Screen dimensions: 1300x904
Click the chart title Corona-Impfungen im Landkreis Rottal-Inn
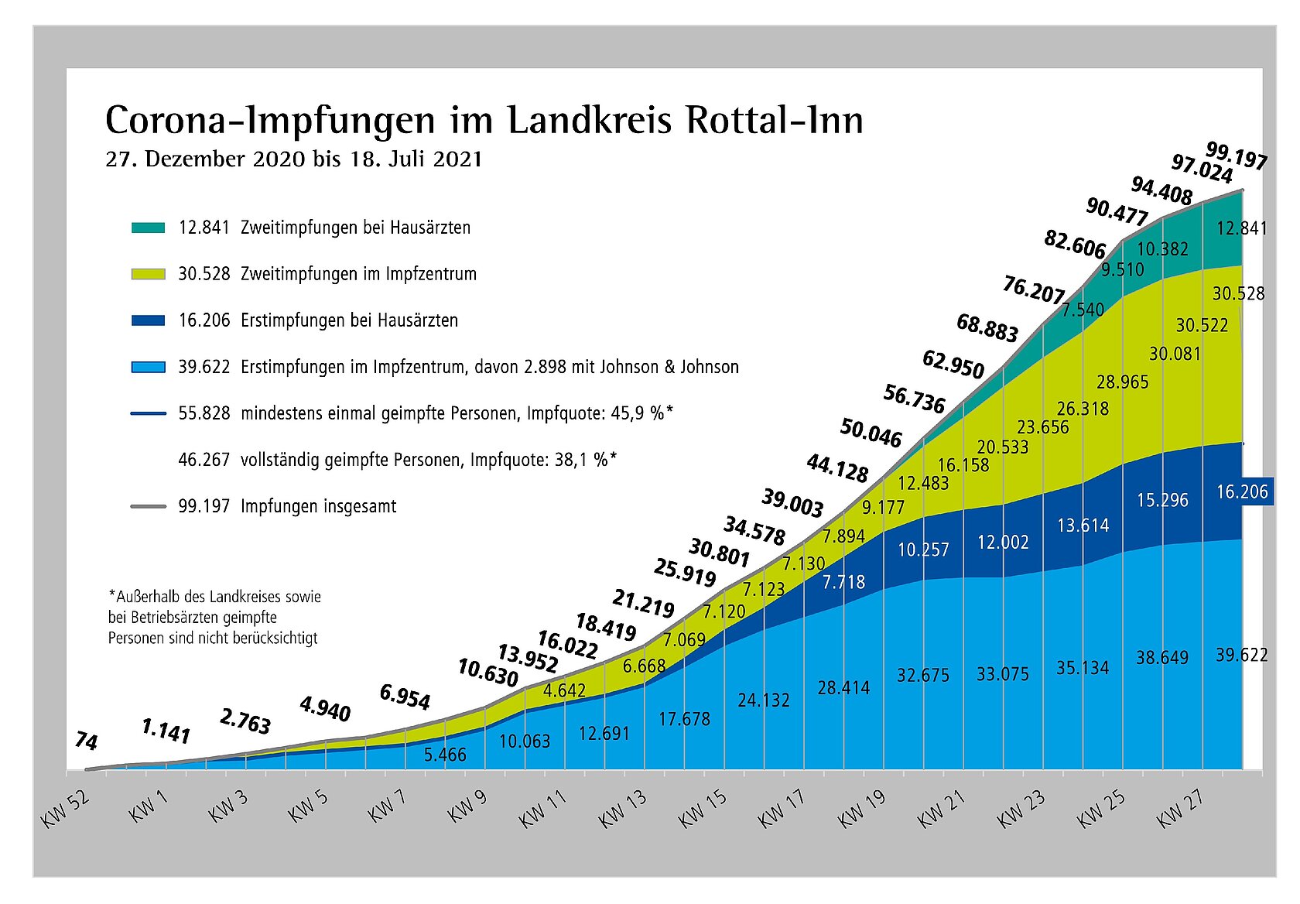click(484, 122)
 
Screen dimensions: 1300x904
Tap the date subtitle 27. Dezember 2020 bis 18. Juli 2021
click(294, 159)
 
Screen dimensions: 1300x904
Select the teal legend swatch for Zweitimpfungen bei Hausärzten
click(148, 228)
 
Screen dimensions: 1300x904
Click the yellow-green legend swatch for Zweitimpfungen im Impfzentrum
click(148, 274)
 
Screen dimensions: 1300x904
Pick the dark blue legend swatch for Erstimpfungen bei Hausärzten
click(148, 320)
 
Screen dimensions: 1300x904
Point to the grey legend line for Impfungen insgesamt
click(148, 507)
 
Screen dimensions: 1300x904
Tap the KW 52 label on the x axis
click(65, 809)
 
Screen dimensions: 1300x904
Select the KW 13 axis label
click(624, 809)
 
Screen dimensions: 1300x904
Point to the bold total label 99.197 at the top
click(1237, 156)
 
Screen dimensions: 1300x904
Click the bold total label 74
click(87, 741)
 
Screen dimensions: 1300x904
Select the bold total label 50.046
click(871, 433)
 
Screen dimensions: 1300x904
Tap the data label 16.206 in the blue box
click(1242, 492)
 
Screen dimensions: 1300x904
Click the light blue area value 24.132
click(764, 700)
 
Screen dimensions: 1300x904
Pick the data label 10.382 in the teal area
click(1162, 249)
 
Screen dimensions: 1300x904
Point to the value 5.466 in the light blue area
click(445, 754)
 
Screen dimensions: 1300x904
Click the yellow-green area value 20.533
click(1003, 447)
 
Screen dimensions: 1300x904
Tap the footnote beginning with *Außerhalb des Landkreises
click(214, 618)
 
